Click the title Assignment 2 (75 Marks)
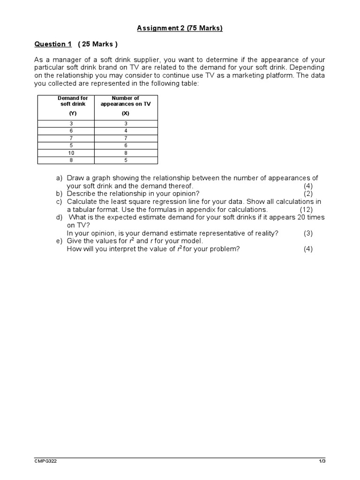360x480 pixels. pos(180,29)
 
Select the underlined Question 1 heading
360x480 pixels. pos(53,44)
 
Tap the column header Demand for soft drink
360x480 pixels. pos(73,101)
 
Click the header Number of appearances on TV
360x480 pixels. pos(126,101)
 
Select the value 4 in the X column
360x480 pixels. pos(126,131)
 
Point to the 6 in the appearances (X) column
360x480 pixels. pos(126,145)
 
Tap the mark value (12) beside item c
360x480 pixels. pos(306,210)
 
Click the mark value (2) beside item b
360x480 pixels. pos(307,194)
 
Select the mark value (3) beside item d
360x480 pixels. pos(307,233)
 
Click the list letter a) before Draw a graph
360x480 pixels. pos(59,178)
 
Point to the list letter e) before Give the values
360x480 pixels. pos(59,241)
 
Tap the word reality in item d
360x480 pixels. pos(266,233)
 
